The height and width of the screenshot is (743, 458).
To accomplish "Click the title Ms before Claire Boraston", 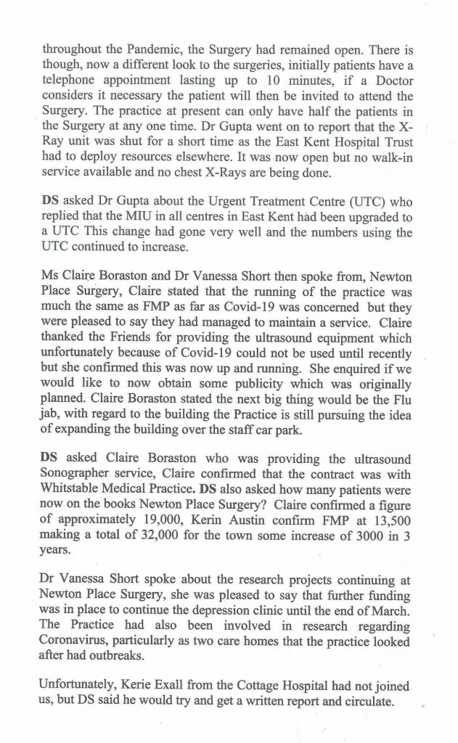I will point(50,267).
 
